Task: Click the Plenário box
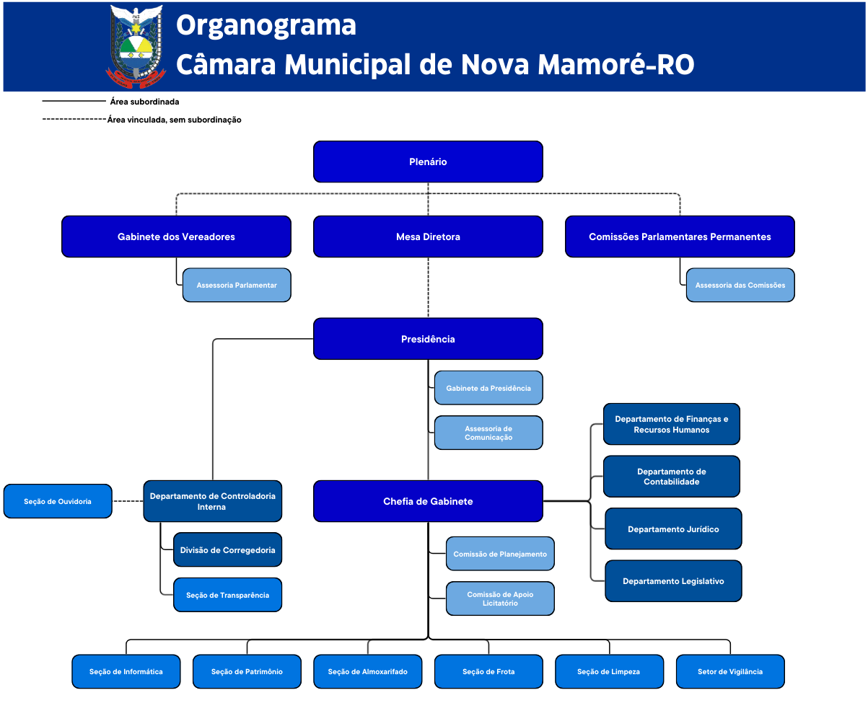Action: pyautogui.click(x=428, y=162)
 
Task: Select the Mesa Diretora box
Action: pyautogui.click(x=428, y=237)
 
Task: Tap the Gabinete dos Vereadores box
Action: pyautogui.click(x=176, y=237)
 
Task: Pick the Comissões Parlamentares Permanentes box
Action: pyautogui.click(x=680, y=237)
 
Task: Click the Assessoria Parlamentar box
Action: pyautogui.click(x=237, y=286)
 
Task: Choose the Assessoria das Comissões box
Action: pyautogui.click(x=740, y=286)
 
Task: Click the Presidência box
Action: pyautogui.click(x=428, y=339)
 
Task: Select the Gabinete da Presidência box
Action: pyautogui.click(x=488, y=389)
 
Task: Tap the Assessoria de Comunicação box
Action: pyautogui.click(x=488, y=433)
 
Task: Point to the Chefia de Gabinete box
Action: pyautogui.click(x=428, y=501)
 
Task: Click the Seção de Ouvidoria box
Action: pyautogui.click(x=58, y=501)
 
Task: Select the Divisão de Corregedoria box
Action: pyautogui.click(x=227, y=550)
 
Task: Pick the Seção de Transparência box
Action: pyautogui.click(x=227, y=595)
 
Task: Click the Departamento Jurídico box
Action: pyautogui.click(x=673, y=529)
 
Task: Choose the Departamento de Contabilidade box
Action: pyautogui.click(x=672, y=477)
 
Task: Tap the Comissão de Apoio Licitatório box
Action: pyautogui.click(x=500, y=598)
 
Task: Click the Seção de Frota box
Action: pyautogui.click(x=488, y=671)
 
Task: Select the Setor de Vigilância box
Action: pyautogui.click(x=730, y=671)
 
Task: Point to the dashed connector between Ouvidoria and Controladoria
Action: pyautogui.click(x=128, y=501)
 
